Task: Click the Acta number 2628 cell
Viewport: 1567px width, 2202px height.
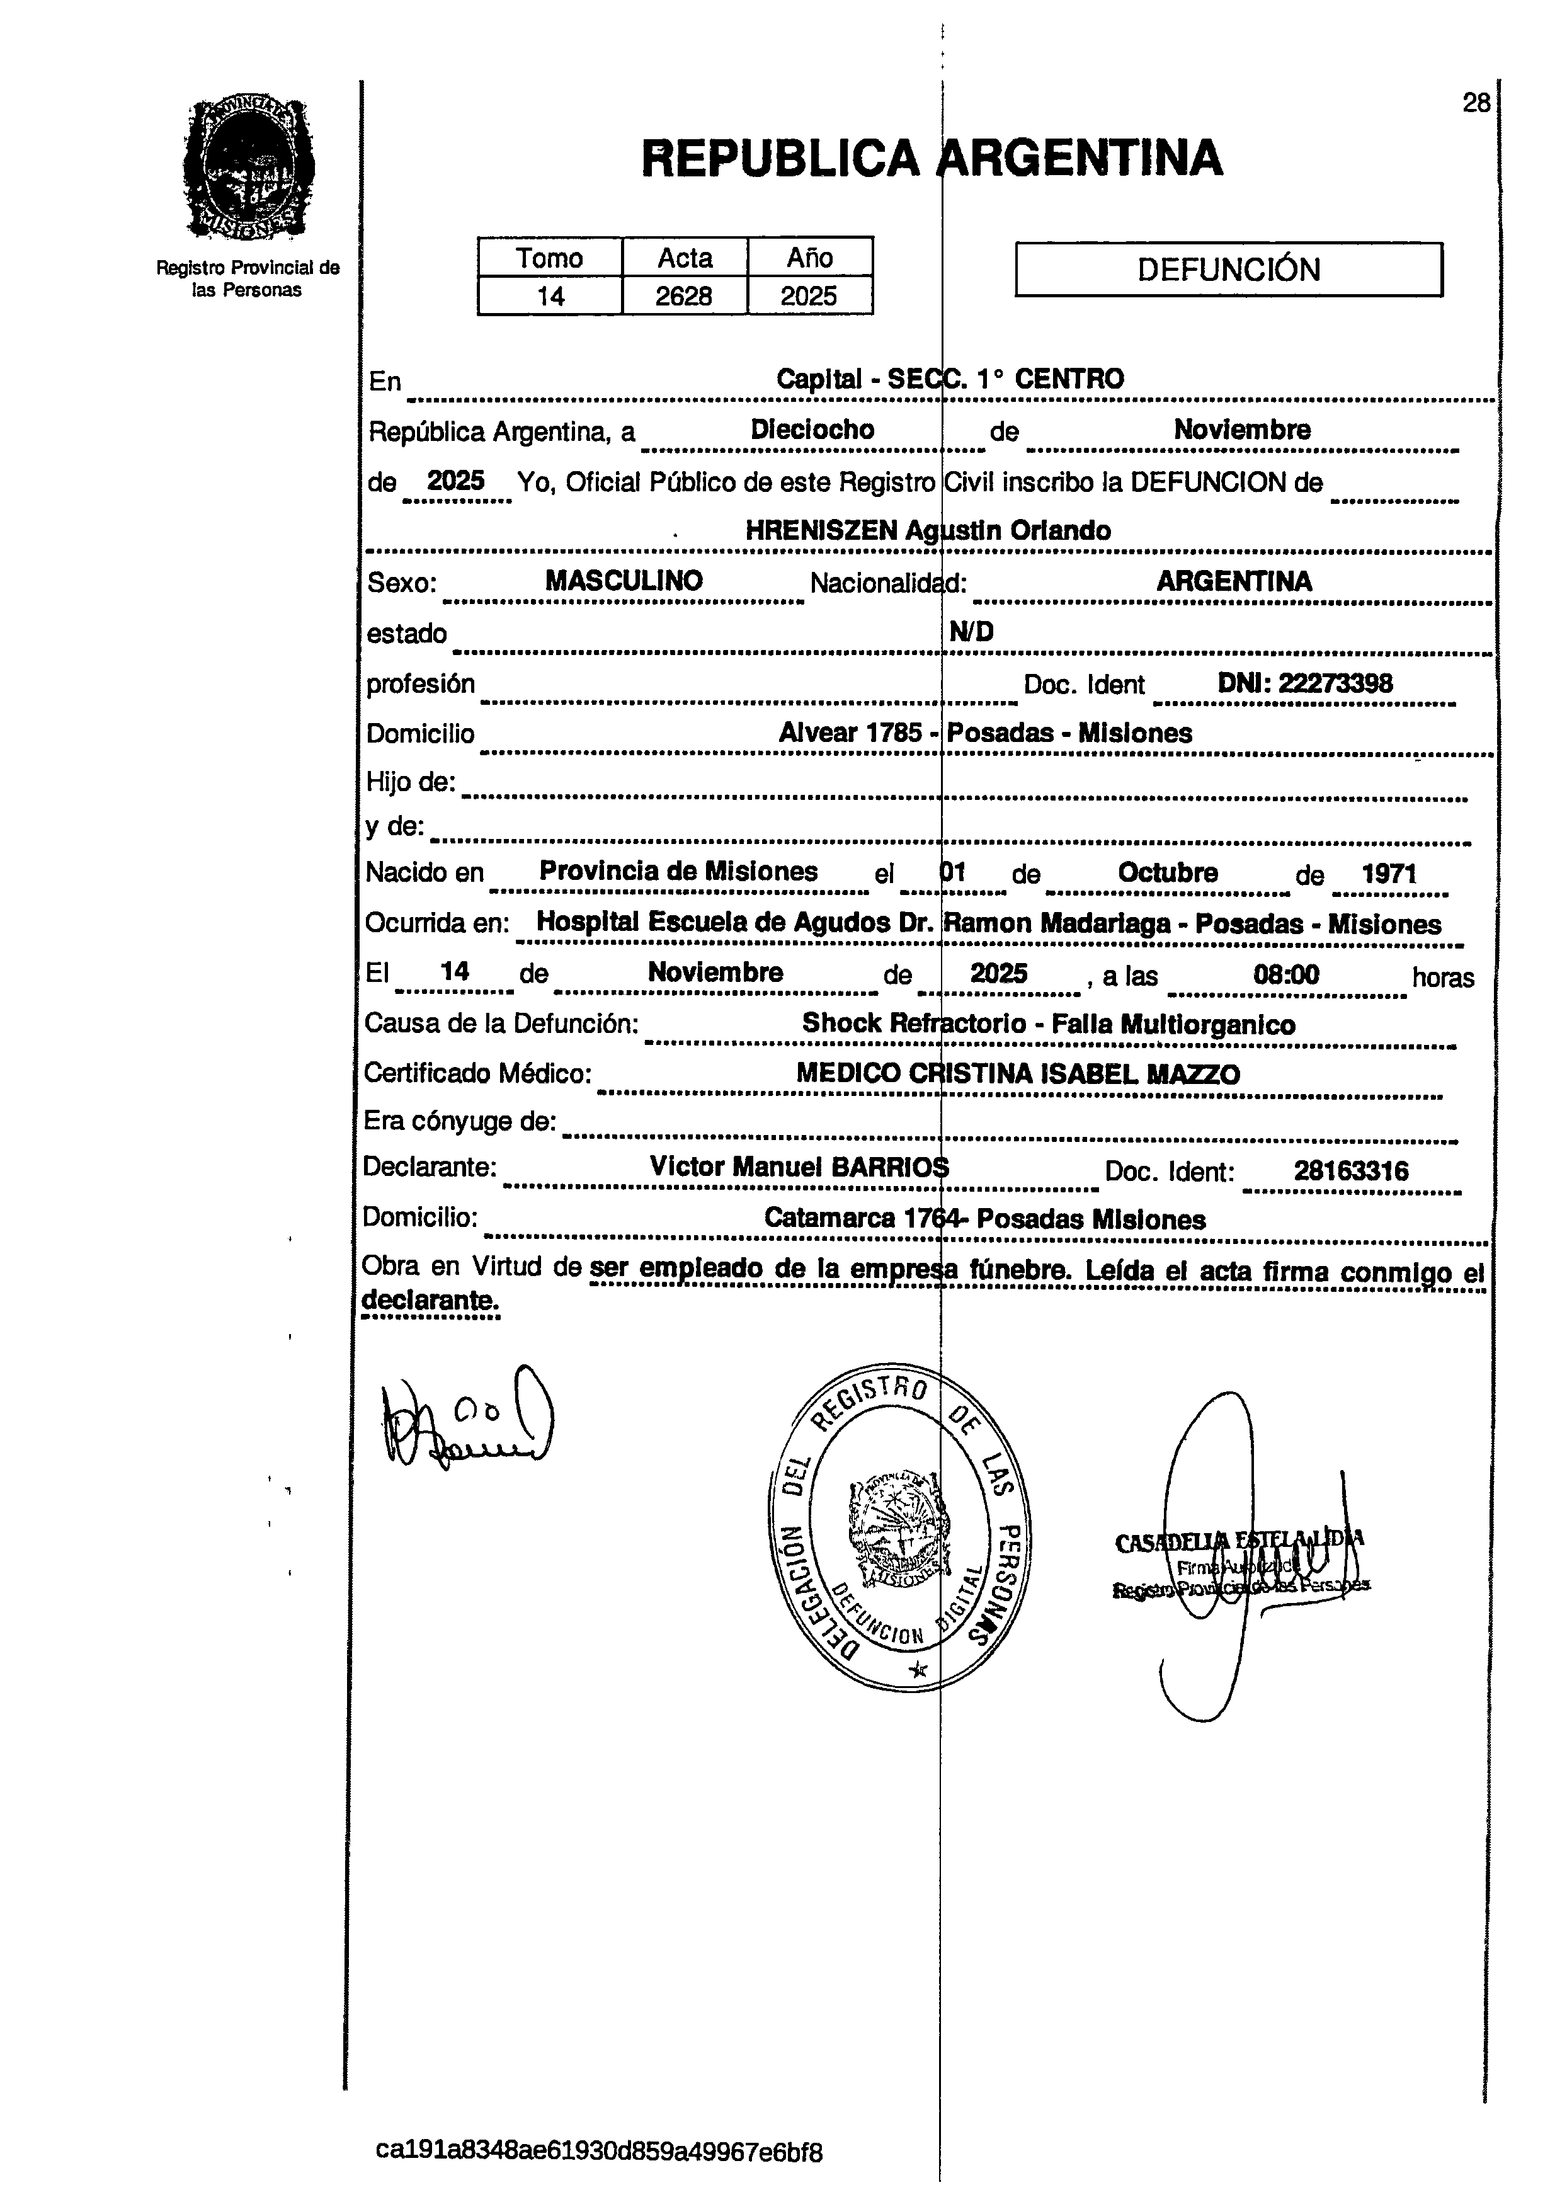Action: (x=683, y=295)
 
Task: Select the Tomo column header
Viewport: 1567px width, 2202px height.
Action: (x=549, y=258)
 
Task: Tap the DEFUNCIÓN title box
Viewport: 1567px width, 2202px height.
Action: (x=1228, y=269)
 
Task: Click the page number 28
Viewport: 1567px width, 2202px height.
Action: (x=1475, y=103)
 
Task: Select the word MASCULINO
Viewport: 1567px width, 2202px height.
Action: (x=624, y=581)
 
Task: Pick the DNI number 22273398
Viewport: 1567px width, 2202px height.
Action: (x=1335, y=683)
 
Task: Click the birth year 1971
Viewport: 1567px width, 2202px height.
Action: (x=1389, y=874)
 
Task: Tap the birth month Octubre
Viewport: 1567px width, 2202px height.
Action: (x=1168, y=873)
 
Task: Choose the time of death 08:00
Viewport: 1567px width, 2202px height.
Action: (x=1285, y=974)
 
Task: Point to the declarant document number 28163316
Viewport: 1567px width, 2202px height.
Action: (x=1351, y=1172)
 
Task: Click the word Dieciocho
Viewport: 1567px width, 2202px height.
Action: (x=812, y=430)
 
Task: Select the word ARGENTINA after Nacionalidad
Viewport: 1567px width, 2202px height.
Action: (x=1234, y=581)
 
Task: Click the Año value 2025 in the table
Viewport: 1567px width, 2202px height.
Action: (x=809, y=295)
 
